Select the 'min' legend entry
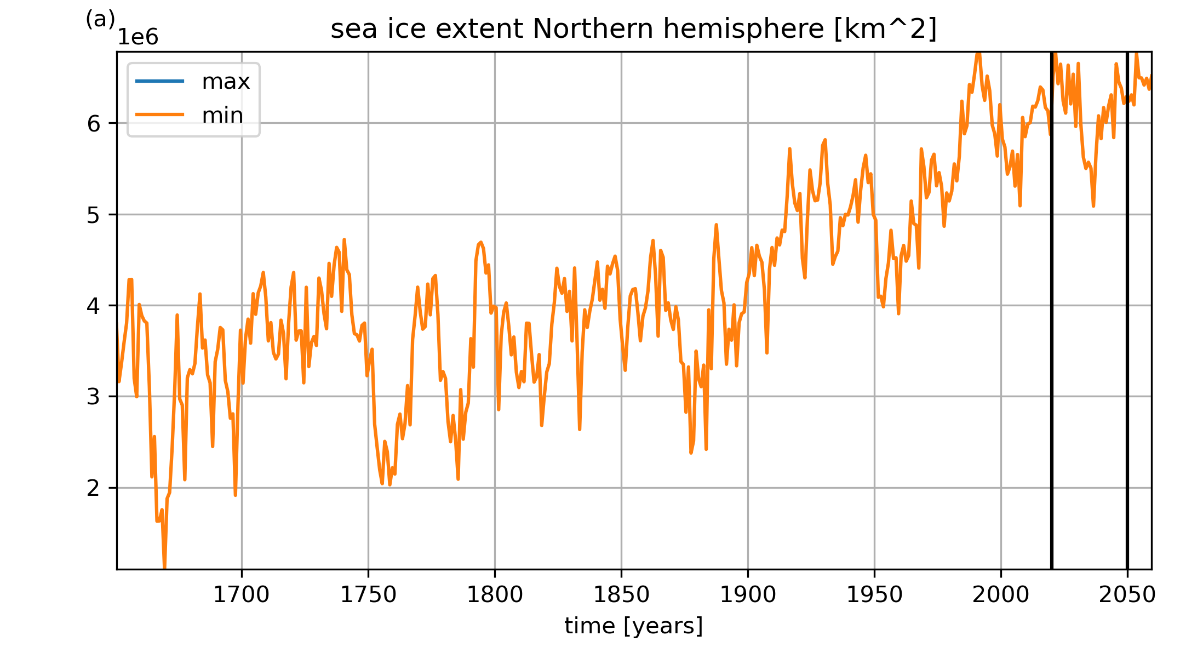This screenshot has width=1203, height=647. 190,115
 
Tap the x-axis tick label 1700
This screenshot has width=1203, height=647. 242,595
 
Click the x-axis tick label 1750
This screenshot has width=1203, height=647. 368,595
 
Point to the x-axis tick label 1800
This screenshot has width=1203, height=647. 495,595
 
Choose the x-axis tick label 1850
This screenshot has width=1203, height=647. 621,595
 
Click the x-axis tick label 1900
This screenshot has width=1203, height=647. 748,595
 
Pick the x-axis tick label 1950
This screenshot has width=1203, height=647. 874,595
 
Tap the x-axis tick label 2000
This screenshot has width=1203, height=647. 1001,595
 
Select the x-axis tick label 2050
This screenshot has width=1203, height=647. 1127,595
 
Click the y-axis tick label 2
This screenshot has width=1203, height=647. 94,488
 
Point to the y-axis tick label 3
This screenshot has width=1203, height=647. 94,397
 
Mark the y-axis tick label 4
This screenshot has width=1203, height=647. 94,306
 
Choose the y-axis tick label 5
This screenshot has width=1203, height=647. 94,215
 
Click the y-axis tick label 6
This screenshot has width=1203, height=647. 94,123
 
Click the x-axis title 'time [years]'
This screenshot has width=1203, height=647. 634,626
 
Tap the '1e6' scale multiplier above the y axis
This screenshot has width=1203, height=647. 138,37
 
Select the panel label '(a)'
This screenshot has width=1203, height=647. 100,19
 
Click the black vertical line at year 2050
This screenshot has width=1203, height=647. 1127,310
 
